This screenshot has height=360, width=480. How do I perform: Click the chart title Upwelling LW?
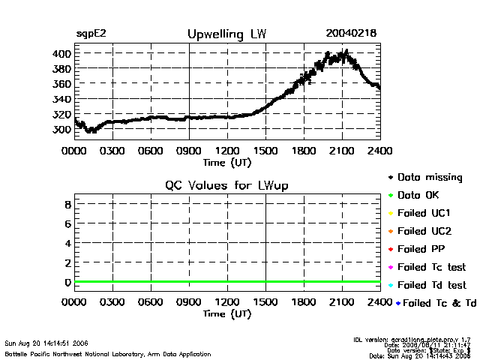click(x=226, y=34)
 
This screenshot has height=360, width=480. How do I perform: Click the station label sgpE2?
click(x=91, y=34)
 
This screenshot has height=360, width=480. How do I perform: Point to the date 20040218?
click(x=351, y=34)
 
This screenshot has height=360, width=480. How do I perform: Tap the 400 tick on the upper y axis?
click(x=61, y=54)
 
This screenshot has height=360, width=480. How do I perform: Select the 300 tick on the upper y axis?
click(x=61, y=129)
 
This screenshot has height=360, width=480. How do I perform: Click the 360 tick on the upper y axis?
click(x=61, y=84)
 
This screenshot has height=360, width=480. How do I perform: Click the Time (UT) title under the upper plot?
click(x=227, y=162)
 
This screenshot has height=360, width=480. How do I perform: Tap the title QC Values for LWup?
click(x=226, y=186)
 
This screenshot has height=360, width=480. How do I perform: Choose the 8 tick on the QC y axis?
click(x=67, y=204)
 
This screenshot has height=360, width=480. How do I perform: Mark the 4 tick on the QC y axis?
click(x=67, y=243)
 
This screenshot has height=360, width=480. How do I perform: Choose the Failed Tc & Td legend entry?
click(x=436, y=303)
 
